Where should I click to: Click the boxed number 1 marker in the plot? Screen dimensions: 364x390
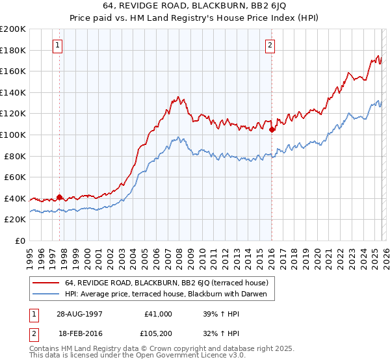pyautogui.click(x=59, y=45)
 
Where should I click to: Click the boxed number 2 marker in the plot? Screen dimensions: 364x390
pyautogui.click(x=270, y=45)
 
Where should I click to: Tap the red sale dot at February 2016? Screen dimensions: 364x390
pyautogui.click(x=272, y=129)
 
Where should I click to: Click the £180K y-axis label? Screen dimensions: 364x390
pyautogui.click(x=13, y=50)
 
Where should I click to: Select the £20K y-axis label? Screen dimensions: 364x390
pyautogui.click(x=15, y=220)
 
